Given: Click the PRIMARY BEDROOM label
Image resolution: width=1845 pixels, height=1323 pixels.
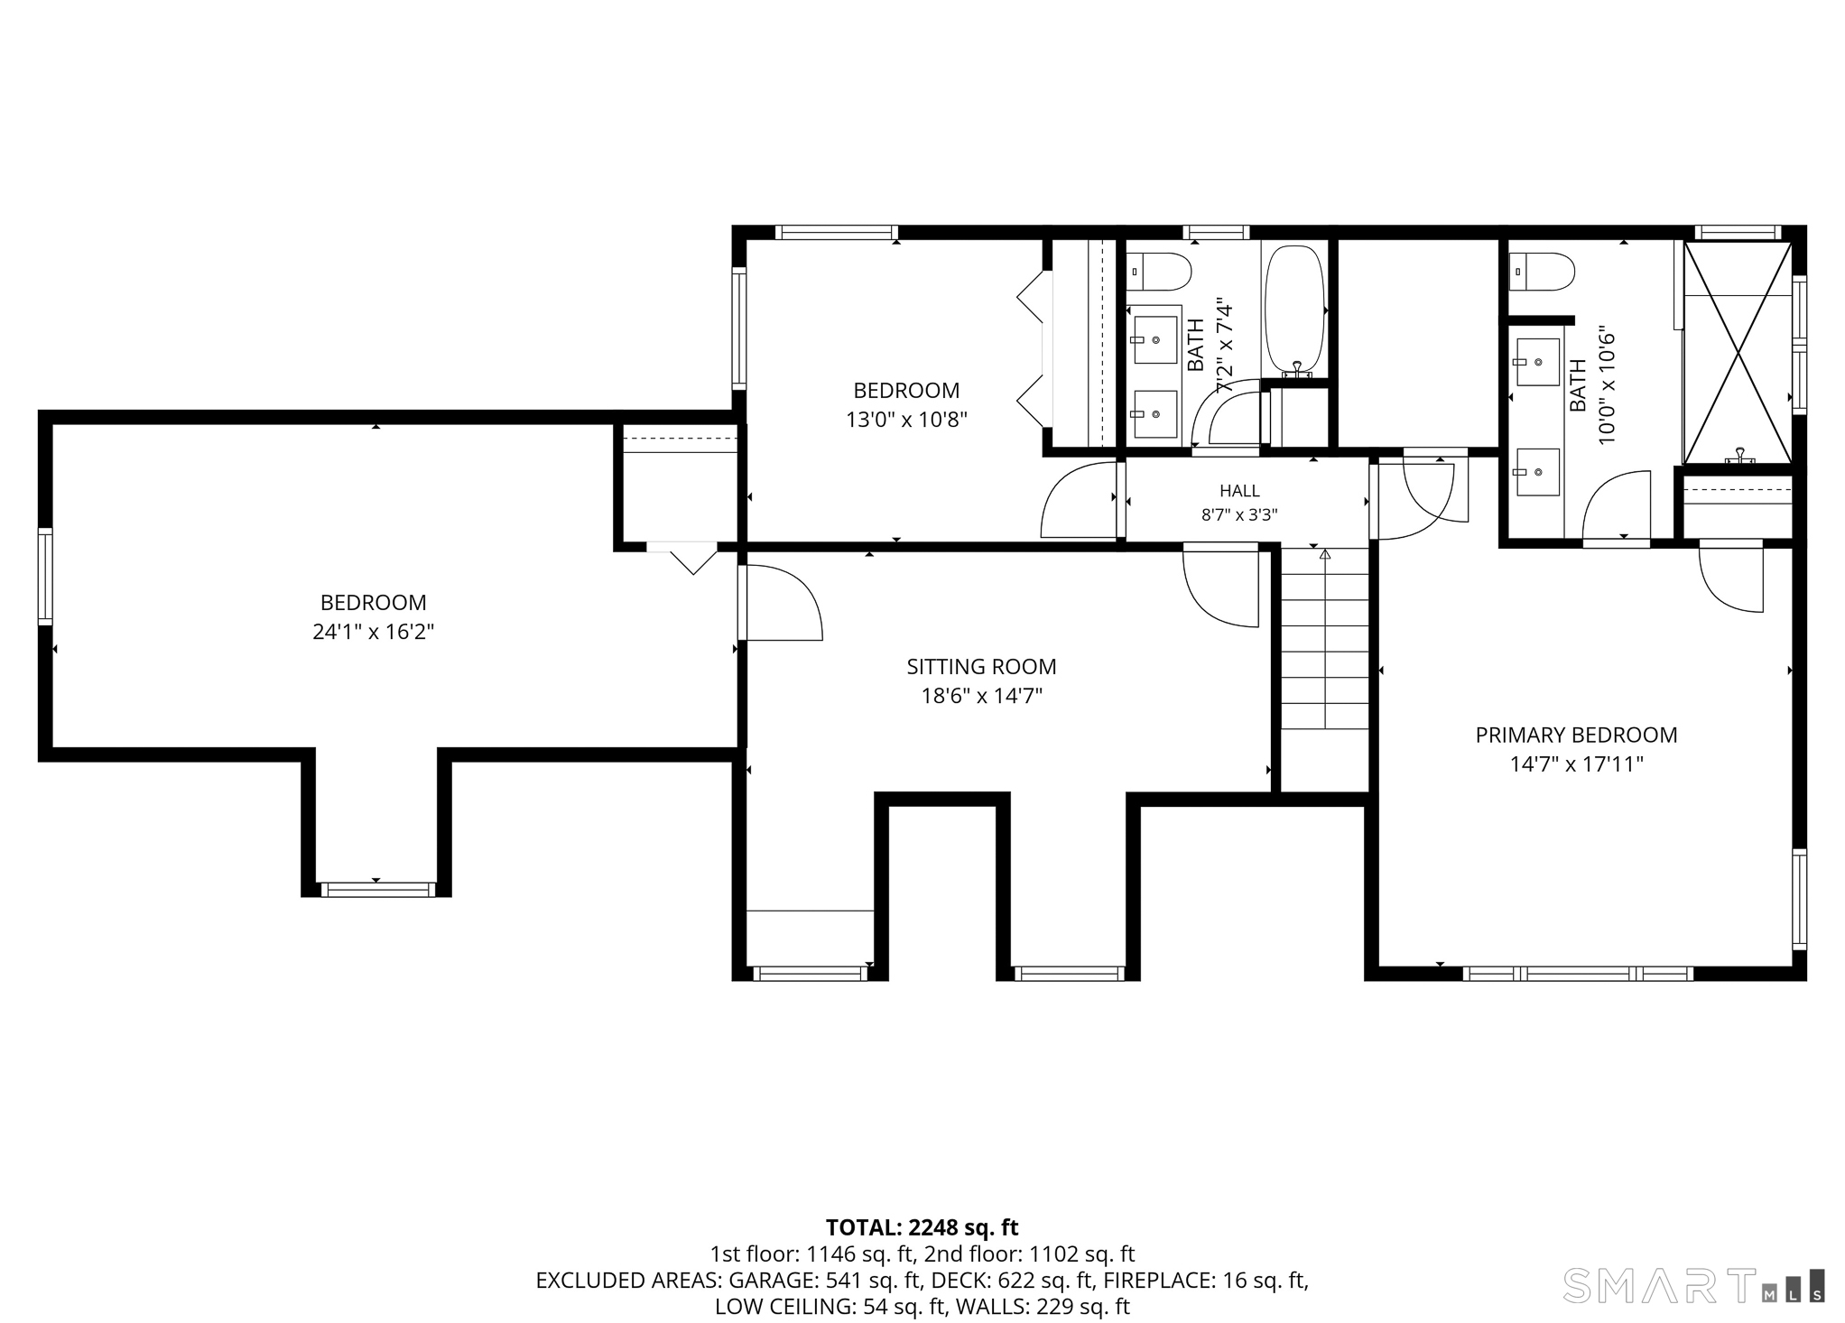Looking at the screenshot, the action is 1576,735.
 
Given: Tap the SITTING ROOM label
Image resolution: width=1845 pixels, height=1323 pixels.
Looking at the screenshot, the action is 981,667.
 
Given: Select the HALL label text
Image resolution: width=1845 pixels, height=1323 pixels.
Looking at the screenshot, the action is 1239,491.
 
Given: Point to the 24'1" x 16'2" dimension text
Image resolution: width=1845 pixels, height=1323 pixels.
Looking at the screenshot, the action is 373,632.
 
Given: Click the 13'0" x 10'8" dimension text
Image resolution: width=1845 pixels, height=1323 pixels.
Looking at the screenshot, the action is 906,420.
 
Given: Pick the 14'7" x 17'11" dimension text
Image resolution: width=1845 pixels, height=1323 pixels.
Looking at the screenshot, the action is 1576,764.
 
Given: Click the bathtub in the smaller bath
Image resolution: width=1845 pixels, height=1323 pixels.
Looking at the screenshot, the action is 1294,310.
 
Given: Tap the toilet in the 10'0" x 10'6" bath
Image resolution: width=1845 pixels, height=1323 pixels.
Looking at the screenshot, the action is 1542,271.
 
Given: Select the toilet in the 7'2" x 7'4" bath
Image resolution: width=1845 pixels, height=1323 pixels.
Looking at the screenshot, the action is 1159,271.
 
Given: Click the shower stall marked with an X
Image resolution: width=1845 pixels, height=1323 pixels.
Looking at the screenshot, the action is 1738,354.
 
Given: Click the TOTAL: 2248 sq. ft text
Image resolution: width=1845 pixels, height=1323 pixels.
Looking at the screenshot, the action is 922,1227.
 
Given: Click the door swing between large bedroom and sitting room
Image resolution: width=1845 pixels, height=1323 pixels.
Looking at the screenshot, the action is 782,603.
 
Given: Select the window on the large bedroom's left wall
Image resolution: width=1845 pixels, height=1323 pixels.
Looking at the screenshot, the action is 45,576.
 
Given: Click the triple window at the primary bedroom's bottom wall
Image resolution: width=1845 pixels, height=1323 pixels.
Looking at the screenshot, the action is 1577,974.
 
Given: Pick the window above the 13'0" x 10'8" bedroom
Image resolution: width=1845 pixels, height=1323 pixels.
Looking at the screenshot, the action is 836,232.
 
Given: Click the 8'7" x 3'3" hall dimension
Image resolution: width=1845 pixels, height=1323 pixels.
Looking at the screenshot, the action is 1238,515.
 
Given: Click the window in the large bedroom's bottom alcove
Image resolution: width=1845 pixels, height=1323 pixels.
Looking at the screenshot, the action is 377,890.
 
